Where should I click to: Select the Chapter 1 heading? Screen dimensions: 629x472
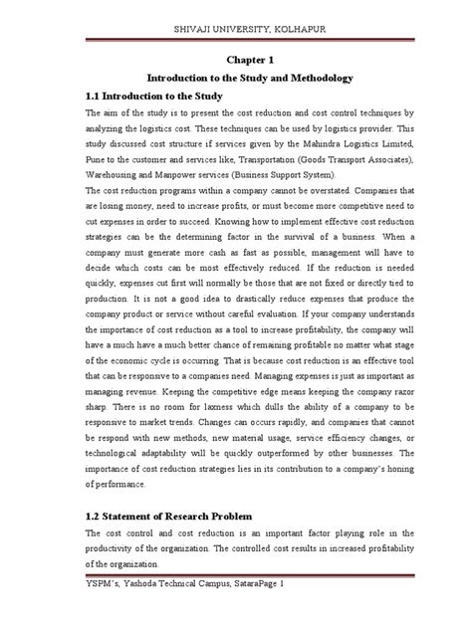tap(235, 59)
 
